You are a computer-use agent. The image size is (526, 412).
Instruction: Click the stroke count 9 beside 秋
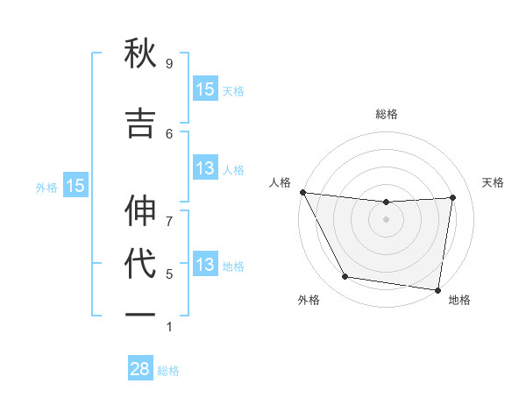point(169,64)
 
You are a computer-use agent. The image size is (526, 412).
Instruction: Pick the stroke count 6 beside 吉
point(169,133)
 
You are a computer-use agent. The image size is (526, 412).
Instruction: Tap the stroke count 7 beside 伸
point(169,211)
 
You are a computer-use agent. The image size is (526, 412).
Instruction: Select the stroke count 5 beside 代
point(169,273)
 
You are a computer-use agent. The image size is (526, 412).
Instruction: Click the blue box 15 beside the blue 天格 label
point(204,89)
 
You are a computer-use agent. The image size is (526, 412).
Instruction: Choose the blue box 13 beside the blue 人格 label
point(204,168)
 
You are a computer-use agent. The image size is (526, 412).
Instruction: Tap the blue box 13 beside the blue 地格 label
point(204,265)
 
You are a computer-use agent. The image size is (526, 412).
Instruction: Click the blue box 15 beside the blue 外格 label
point(75,186)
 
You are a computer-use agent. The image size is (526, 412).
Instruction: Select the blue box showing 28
point(139,369)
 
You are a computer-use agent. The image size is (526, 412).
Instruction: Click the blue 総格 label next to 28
point(168,371)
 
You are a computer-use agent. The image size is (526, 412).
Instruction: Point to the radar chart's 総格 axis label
point(386,114)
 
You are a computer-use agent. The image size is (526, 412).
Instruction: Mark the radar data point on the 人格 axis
point(302,192)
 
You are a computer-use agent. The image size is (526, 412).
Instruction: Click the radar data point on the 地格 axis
point(437,289)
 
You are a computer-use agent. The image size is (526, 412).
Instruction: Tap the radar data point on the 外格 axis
point(345,278)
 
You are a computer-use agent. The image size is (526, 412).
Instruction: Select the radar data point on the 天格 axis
point(453,197)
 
